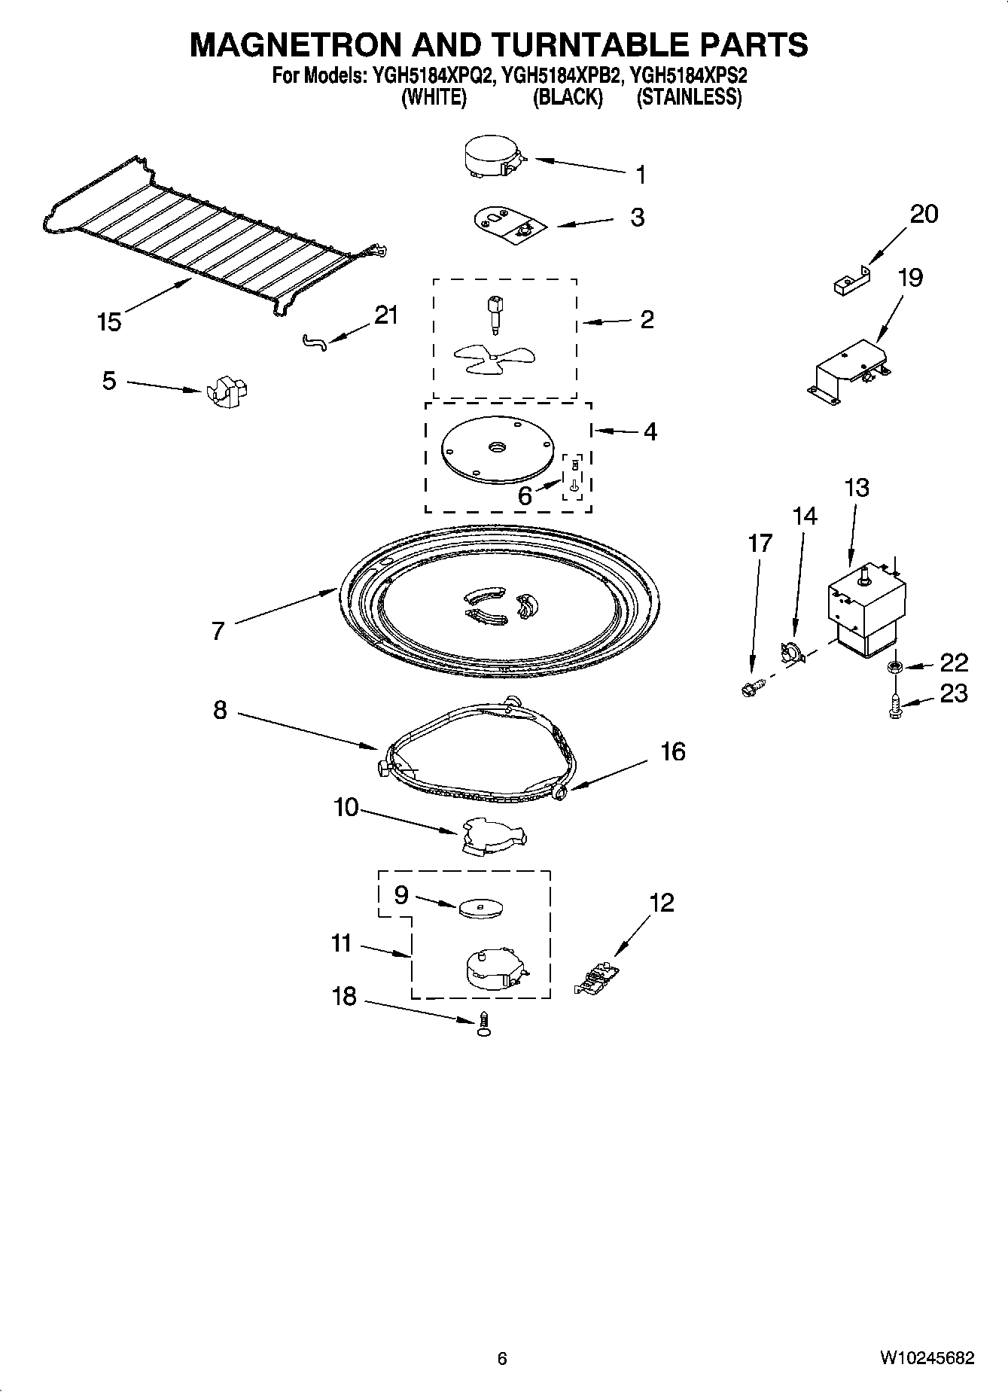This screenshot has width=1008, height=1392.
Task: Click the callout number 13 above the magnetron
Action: pos(857,488)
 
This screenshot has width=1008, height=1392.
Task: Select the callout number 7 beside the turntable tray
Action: pos(218,630)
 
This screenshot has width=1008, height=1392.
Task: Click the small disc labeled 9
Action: pos(480,908)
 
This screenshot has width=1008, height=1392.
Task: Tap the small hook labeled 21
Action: pos(315,343)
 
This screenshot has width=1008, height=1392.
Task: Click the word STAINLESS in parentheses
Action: pos(689,98)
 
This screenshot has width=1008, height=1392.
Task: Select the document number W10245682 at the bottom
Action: pos(926,1358)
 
